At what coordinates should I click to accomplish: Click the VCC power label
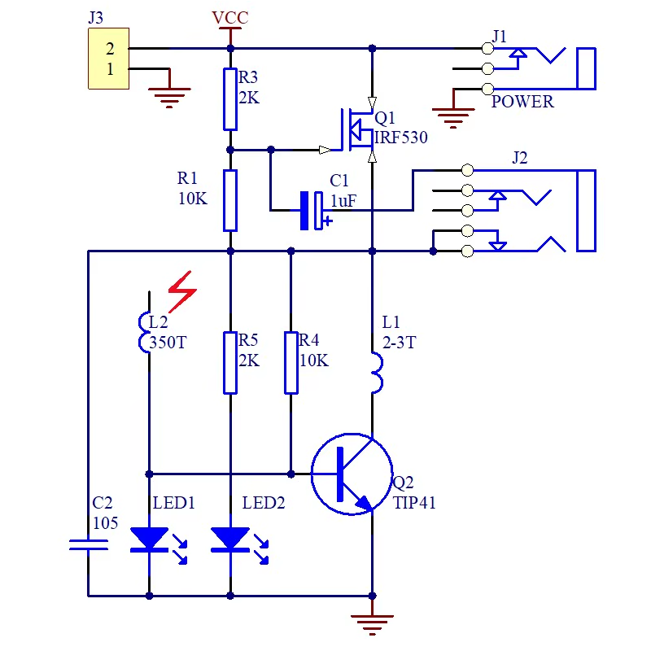click(x=229, y=18)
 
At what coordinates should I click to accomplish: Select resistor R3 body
click(x=230, y=99)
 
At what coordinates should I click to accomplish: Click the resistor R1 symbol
click(x=230, y=200)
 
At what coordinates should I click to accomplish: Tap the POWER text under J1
click(x=522, y=102)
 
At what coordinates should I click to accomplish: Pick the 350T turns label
click(x=168, y=343)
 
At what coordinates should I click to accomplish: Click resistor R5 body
click(x=230, y=362)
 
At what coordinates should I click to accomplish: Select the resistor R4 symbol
click(x=291, y=362)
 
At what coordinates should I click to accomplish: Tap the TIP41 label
click(x=414, y=503)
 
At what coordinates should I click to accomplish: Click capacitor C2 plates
click(x=88, y=544)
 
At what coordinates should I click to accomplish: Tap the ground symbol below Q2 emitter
click(x=372, y=623)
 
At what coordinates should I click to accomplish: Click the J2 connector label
click(x=520, y=158)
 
